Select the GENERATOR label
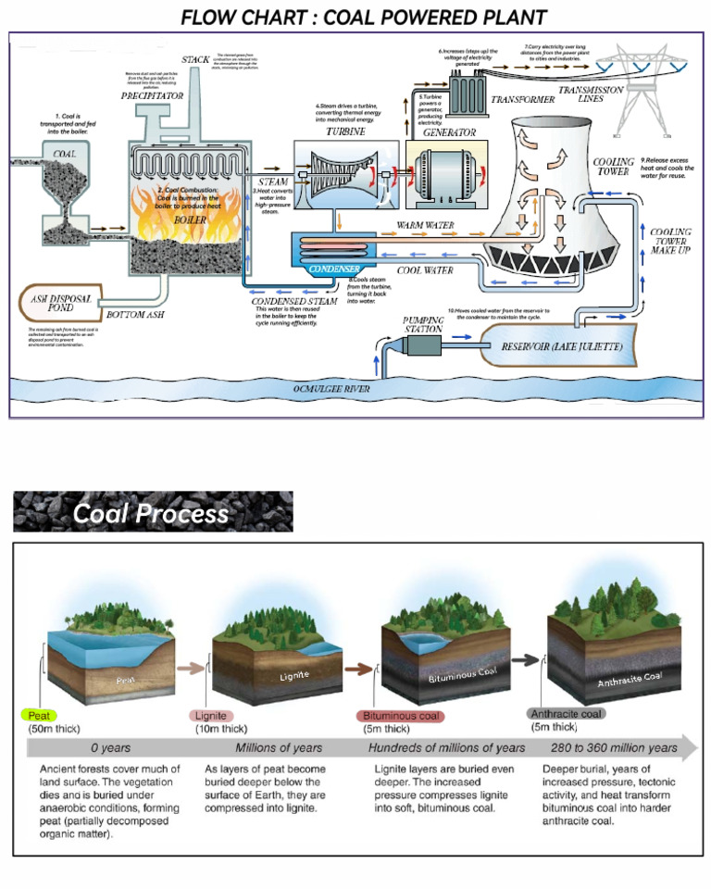click(448, 132)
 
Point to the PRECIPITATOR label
click(154, 95)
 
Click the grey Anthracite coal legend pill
click(566, 714)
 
